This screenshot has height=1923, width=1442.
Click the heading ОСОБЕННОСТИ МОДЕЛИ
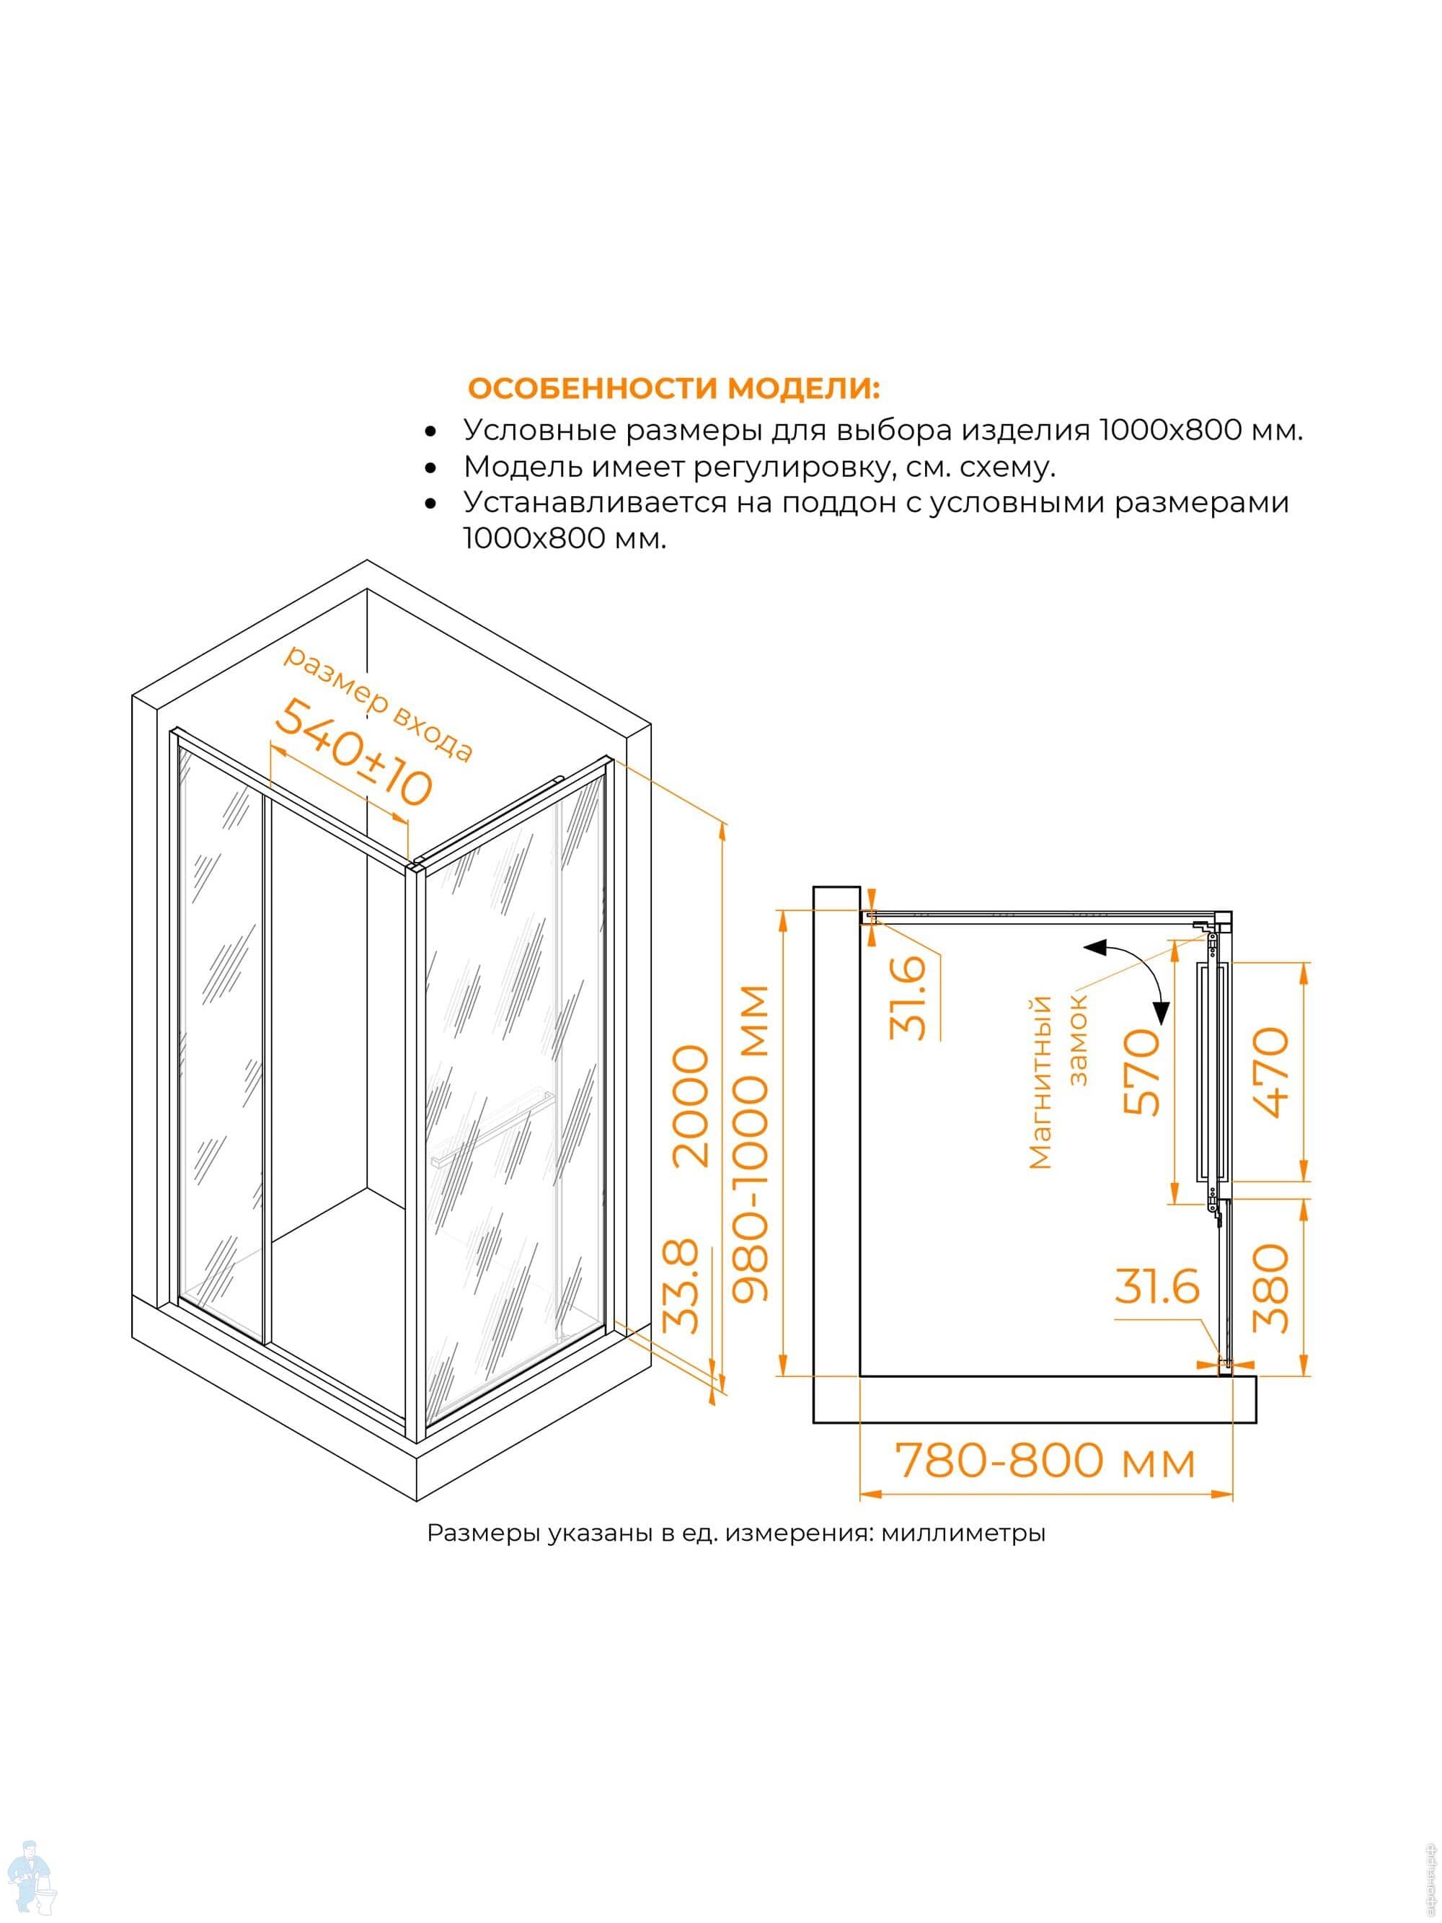click(673, 388)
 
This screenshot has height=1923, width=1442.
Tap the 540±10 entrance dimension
click(354, 753)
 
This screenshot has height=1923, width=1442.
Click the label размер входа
click(378, 703)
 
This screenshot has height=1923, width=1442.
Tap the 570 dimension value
click(1142, 1072)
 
